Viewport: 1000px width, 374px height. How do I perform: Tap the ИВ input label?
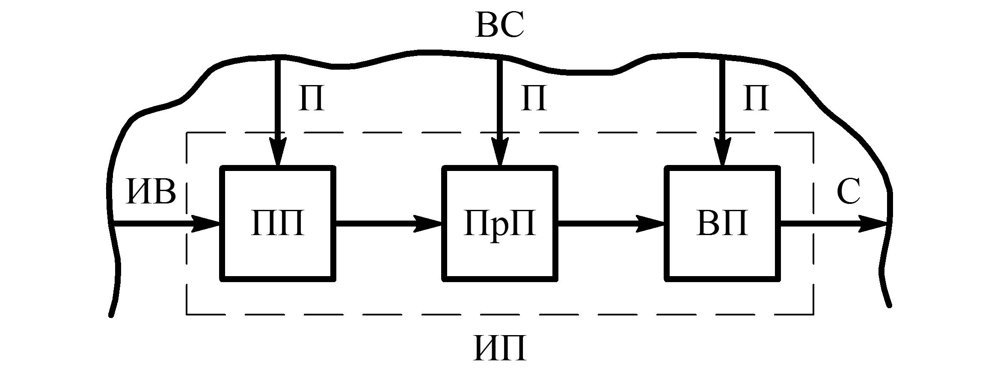pyautogui.click(x=151, y=192)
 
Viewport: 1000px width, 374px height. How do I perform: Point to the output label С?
pyautogui.click(x=848, y=192)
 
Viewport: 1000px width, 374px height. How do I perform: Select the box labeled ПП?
pyautogui.click(x=277, y=256)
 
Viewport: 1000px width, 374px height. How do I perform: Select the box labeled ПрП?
pyautogui.click(x=499, y=256)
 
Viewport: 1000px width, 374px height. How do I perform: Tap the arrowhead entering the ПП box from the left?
pyautogui.click(x=205, y=224)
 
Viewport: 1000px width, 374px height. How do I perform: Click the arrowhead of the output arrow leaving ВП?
pyautogui.click(x=873, y=224)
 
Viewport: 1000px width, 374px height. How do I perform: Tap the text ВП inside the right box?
pyautogui.click(x=722, y=224)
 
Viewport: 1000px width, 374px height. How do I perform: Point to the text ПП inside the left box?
pyautogui.click(x=277, y=224)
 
